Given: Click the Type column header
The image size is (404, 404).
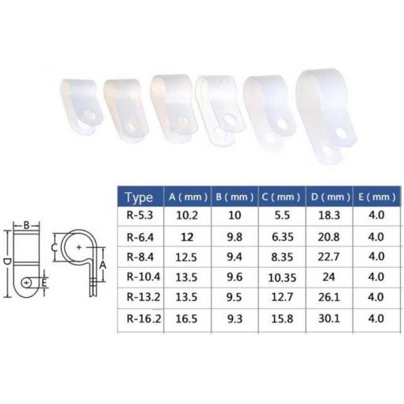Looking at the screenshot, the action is (139, 197).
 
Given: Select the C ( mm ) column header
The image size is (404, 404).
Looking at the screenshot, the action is (281, 197).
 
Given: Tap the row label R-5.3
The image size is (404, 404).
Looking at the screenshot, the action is (139, 215).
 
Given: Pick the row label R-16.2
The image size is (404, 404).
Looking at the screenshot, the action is (143, 318).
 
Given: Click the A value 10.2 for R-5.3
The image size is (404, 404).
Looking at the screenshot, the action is (187, 215).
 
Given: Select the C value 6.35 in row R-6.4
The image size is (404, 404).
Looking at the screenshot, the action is (283, 237).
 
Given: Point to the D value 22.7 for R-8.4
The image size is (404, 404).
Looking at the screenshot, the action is (329, 257).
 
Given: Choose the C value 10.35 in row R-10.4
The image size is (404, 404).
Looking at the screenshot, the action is (282, 278).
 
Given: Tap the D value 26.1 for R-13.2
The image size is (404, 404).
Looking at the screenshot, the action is (329, 297).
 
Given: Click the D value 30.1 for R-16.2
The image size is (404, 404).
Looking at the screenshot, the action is (329, 318).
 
